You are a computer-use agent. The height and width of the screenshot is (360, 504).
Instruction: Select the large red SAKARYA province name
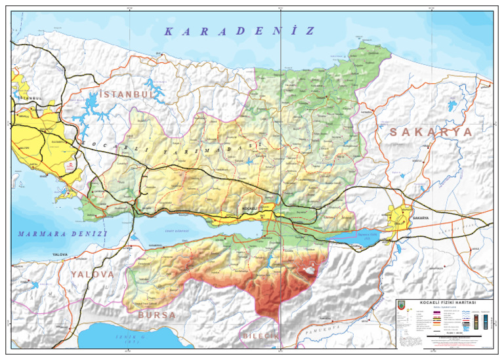pyautogui.click(x=430, y=132)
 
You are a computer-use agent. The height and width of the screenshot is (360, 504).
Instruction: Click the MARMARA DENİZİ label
pyautogui.click(x=62, y=234)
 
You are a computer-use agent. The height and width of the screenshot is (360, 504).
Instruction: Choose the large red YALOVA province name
pyautogui.click(x=93, y=274)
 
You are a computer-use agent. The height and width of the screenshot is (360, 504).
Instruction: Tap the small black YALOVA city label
pyautogui.click(x=60, y=254)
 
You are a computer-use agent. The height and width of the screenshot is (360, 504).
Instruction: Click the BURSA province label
pyautogui.click(x=157, y=315)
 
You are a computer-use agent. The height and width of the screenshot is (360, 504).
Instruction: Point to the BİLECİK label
pyautogui.click(x=261, y=336)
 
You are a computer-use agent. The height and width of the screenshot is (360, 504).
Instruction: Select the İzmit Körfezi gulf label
pyautogui.click(x=177, y=230)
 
